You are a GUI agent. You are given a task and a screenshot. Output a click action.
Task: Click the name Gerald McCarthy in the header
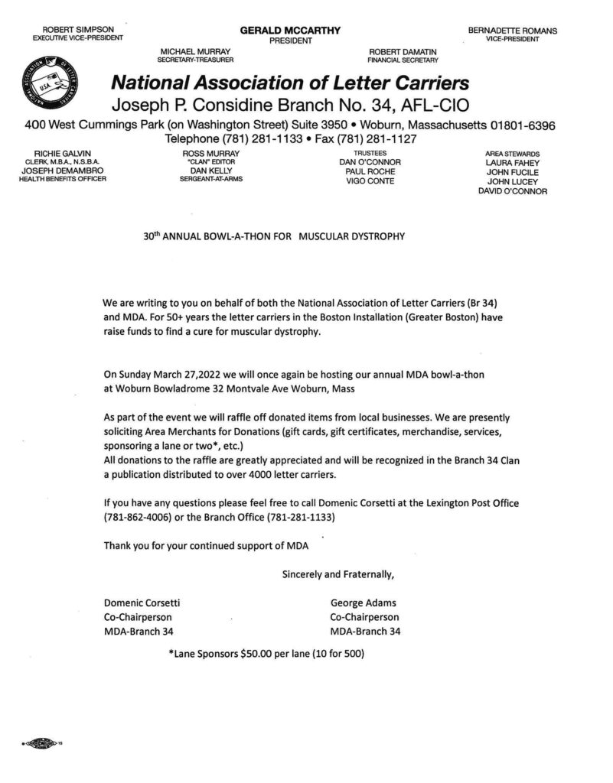[290, 30]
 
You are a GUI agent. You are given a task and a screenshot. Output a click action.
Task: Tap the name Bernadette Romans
[512, 31]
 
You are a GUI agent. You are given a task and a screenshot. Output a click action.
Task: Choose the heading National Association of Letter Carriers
[290, 82]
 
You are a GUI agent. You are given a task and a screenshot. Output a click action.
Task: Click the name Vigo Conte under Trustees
[370, 181]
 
